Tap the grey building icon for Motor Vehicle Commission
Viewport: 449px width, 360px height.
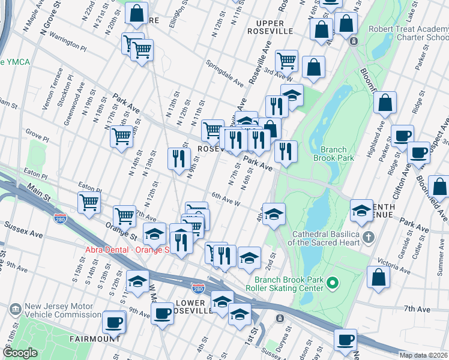[16, 310]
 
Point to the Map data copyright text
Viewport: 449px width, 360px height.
[423, 355]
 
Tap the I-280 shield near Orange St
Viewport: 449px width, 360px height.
[60, 217]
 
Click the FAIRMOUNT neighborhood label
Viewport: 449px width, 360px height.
[94, 339]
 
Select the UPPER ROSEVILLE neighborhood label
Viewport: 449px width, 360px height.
[270, 30]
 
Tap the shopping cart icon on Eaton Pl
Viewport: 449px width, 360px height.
[89, 202]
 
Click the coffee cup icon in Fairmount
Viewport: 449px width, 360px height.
[113, 323]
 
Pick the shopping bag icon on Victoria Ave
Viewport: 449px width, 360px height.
[378, 277]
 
